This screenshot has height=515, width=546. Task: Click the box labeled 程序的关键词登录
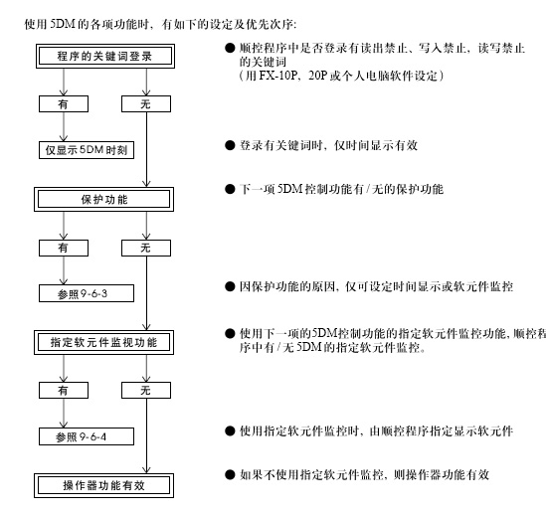[x=105, y=56]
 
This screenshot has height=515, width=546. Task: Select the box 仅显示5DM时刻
[x=87, y=150]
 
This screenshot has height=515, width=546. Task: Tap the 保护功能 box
[x=103, y=200]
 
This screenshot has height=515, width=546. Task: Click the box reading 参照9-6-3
[x=87, y=293]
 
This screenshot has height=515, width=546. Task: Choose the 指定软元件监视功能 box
[x=103, y=343]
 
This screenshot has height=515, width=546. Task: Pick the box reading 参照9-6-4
[x=87, y=436]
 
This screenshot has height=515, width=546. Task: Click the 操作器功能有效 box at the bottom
[x=103, y=485]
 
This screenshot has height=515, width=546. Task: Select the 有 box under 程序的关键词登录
[x=64, y=104]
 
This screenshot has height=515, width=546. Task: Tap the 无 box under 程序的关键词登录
[x=146, y=104]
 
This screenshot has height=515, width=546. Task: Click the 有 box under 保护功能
[x=64, y=248]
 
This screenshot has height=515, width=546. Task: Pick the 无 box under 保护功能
[x=146, y=248]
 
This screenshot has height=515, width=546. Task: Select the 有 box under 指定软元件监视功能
[x=64, y=391]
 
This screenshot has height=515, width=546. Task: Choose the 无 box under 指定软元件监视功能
[x=146, y=391]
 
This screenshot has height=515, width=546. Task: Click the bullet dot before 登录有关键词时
[x=230, y=145]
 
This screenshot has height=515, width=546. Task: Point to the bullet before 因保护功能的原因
[x=230, y=286]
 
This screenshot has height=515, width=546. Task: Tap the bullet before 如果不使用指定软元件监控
[x=230, y=474]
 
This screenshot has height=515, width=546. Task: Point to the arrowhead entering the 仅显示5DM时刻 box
[x=64, y=138]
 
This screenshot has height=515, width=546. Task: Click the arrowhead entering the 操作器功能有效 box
[x=146, y=469]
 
